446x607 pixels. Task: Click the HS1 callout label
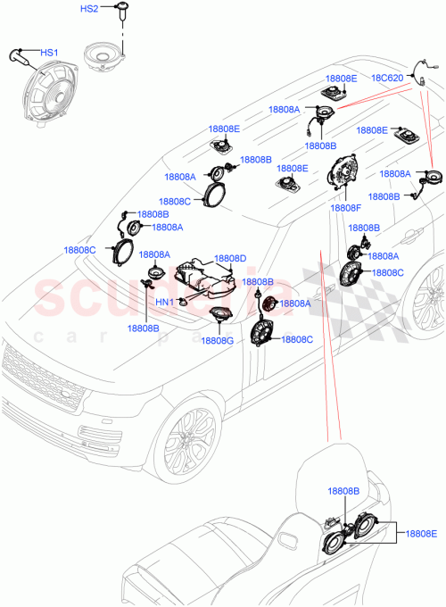49,54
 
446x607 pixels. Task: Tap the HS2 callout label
89,9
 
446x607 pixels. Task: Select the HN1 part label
164,302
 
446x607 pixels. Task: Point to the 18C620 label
388,78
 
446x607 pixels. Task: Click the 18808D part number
230,258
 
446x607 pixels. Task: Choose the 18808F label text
344,208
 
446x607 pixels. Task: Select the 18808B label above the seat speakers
342,491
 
